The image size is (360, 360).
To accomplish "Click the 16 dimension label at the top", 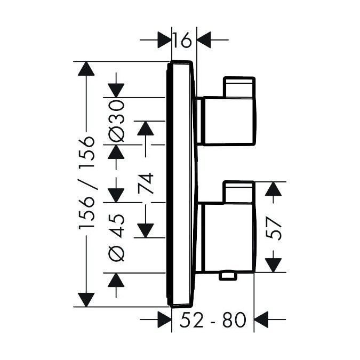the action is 182,40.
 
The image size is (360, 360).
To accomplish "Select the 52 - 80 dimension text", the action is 213,320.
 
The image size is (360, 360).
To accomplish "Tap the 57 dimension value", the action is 273,228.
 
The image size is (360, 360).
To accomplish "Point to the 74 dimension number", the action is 146,183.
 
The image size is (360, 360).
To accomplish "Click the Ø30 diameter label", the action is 116,121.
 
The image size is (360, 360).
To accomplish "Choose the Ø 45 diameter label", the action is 116,238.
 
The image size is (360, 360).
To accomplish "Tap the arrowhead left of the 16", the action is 164,40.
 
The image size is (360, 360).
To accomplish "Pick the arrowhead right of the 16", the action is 204,40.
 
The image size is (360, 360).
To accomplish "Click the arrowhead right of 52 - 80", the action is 261,319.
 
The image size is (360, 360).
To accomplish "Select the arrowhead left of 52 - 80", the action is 164,319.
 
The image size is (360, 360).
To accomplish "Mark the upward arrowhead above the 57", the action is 273,189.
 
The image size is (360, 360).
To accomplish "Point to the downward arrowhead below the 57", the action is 273,265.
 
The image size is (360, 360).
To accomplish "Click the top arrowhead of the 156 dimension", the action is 86,69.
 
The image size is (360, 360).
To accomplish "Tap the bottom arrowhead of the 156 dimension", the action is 86,300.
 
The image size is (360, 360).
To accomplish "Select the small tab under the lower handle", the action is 228,276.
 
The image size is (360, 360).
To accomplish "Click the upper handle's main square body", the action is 229,121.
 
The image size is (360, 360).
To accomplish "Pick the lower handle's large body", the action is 228,238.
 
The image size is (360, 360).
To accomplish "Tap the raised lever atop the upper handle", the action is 239,87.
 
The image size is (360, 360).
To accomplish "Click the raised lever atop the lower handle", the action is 239,192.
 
